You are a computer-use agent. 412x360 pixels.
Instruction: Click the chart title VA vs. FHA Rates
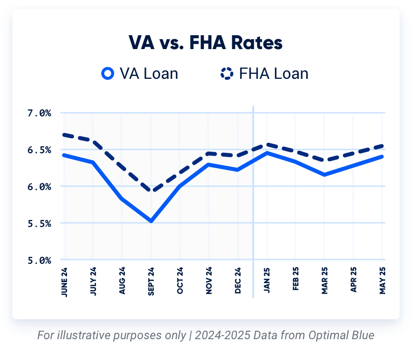click(x=206, y=43)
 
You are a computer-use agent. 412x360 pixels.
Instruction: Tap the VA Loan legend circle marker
click(x=108, y=74)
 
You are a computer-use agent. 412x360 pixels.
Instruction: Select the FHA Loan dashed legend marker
click(x=226, y=74)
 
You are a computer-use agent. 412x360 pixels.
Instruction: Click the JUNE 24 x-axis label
click(x=65, y=281)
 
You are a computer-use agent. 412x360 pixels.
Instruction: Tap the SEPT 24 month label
click(x=151, y=282)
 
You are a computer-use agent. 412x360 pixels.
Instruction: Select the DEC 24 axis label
click(x=238, y=282)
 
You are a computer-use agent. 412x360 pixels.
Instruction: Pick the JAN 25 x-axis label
click(x=267, y=282)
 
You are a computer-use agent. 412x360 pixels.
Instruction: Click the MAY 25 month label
click(x=383, y=282)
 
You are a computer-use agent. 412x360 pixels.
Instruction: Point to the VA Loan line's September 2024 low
click(x=151, y=221)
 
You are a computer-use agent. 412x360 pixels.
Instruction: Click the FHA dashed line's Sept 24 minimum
click(x=151, y=191)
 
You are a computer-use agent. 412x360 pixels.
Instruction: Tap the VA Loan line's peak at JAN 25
click(x=267, y=153)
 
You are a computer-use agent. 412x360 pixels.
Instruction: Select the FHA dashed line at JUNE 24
click(x=65, y=134)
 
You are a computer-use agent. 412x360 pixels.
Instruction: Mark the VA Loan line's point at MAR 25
click(x=325, y=175)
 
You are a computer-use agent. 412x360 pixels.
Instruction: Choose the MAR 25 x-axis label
click(x=325, y=282)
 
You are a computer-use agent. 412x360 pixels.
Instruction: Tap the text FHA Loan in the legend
click(x=274, y=74)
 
